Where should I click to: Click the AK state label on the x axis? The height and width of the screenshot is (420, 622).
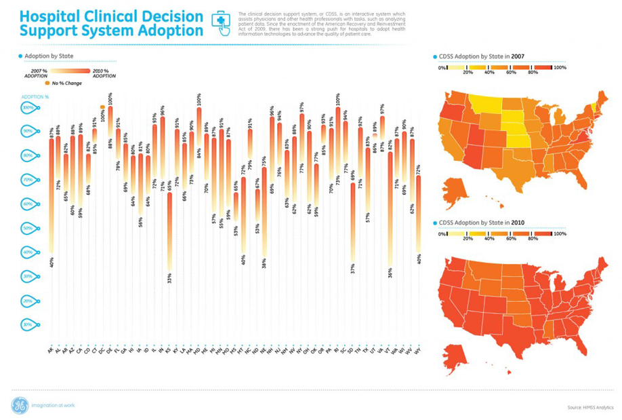click(51, 350)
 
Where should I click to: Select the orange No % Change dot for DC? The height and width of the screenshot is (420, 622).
click(102, 107)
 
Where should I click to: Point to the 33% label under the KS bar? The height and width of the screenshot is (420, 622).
click(169, 277)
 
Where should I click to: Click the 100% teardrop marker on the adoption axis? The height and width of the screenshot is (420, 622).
click(28, 107)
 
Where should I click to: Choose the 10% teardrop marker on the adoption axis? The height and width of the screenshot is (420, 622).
click(28, 324)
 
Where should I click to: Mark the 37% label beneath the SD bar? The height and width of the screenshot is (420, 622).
click(353, 269)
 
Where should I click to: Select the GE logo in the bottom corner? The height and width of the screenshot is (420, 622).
click(19, 406)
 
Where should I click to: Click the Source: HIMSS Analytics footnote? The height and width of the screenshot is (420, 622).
click(589, 407)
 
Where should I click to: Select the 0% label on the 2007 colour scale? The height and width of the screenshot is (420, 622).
click(442, 68)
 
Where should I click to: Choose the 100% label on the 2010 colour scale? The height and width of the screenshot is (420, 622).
click(560, 233)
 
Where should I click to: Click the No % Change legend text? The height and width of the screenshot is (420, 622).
click(68, 83)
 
